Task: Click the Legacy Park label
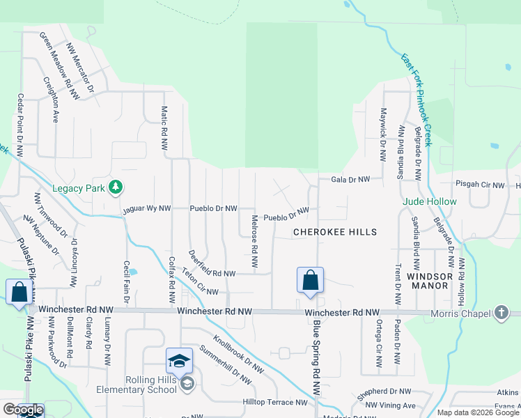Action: click(x=78, y=187)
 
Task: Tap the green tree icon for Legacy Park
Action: click(x=116, y=187)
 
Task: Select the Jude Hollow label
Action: click(x=430, y=202)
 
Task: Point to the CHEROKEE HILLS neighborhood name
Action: click(x=334, y=232)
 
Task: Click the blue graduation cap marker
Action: click(x=179, y=361)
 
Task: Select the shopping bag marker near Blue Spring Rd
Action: click(x=310, y=281)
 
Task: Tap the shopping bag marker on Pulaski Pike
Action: click(x=20, y=292)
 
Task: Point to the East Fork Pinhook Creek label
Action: click(x=417, y=100)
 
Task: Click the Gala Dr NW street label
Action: click(x=350, y=179)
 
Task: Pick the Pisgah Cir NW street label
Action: click(x=479, y=185)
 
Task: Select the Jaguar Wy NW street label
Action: click(x=146, y=208)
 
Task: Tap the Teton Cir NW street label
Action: click(x=200, y=283)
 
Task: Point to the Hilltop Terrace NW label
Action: click(x=274, y=402)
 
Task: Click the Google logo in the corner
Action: click(x=22, y=410)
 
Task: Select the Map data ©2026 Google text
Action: click(x=478, y=412)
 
